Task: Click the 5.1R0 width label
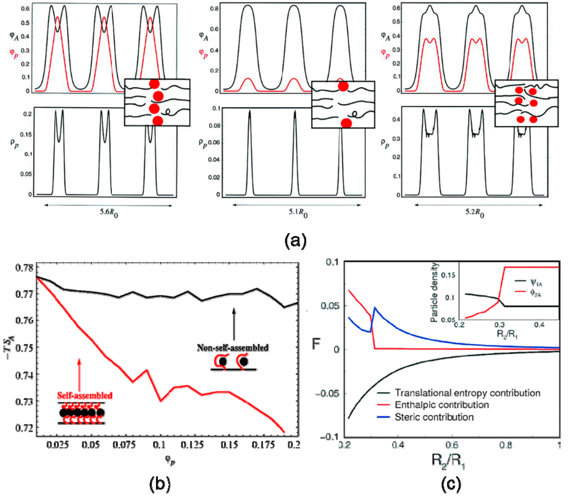(x=298, y=213)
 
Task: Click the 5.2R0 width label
(x=474, y=213)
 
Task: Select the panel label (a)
(x=295, y=240)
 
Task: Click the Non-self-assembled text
(x=233, y=348)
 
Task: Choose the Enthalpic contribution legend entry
(x=442, y=405)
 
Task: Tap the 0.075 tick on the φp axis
(x=124, y=445)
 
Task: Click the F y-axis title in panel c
(x=316, y=344)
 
